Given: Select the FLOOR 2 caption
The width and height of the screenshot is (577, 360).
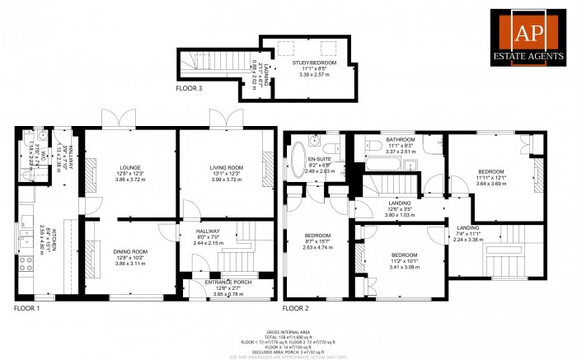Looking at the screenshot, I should coord(297,308).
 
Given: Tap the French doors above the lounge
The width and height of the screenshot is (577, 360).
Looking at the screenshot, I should coord(120,119).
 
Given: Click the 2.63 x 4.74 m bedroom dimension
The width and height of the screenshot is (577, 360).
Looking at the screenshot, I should coord(317,248).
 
